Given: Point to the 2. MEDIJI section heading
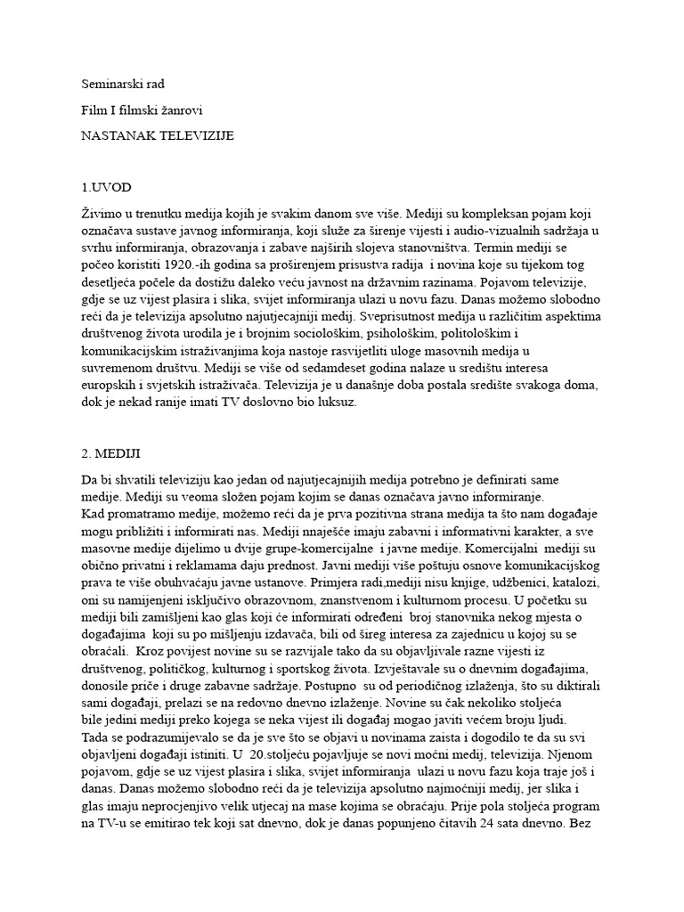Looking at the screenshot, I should click(111, 453).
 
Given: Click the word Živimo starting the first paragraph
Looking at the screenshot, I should click(102, 214).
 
